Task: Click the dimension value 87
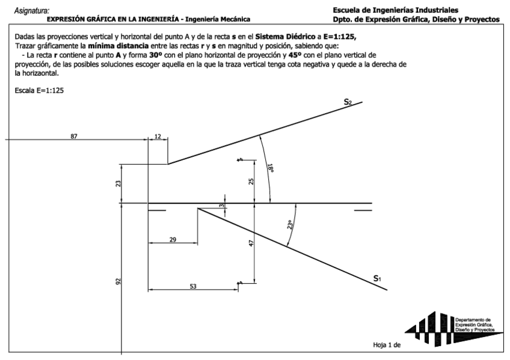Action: (x=74, y=136)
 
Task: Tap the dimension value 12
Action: (x=158, y=136)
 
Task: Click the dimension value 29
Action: (x=173, y=240)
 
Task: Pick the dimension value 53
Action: (x=193, y=287)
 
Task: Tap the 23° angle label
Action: (x=290, y=225)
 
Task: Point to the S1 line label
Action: (x=376, y=278)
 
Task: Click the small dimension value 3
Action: (x=221, y=206)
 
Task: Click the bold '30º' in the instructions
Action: (x=157, y=55)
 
